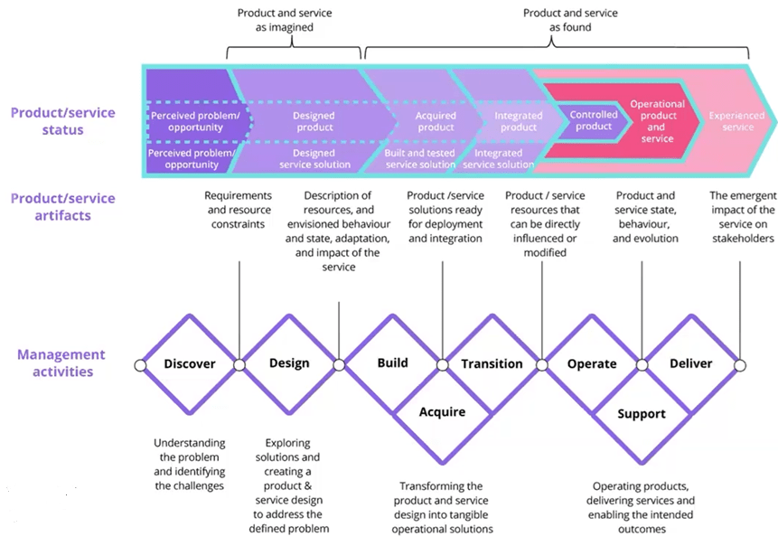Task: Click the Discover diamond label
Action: (x=190, y=364)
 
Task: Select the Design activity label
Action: (x=289, y=363)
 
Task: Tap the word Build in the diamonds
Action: (x=392, y=363)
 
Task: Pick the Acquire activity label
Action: (x=442, y=412)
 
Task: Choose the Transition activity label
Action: (x=492, y=364)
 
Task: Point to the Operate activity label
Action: (x=592, y=364)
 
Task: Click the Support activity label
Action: (x=642, y=414)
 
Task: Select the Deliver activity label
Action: (x=691, y=363)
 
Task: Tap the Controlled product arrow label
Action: (x=594, y=120)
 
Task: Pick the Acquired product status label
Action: (x=436, y=121)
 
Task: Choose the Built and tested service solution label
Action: (x=421, y=159)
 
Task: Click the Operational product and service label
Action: (x=657, y=121)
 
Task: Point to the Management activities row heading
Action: (x=61, y=362)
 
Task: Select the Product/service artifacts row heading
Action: (x=63, y=207)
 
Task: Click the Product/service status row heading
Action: (x=63, y=121)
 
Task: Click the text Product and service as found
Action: (x=570, y=21)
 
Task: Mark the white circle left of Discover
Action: (x=140, y=365)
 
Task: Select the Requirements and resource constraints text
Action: (x=238, y=210)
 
